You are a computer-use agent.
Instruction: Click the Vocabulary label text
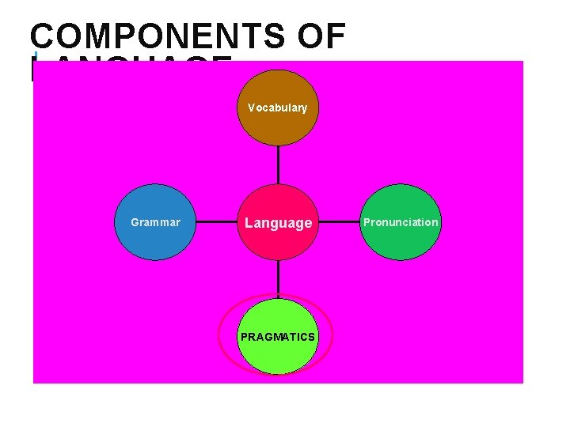coord(277,108)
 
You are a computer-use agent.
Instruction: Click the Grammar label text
coord(155,222)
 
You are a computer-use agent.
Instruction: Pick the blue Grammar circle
coord(156,241)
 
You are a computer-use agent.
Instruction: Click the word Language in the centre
coord(278,223)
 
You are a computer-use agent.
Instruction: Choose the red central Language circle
coord(278,241)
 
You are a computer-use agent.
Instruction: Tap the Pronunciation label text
coord(401,222)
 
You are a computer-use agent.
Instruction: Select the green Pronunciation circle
coord(401,241)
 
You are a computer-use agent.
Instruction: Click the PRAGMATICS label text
coord(278,337)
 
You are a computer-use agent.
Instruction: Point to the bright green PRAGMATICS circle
coord(278,356)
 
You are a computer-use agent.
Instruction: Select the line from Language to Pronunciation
coord(339,222)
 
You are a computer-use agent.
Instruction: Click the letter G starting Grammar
coord(135,222)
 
